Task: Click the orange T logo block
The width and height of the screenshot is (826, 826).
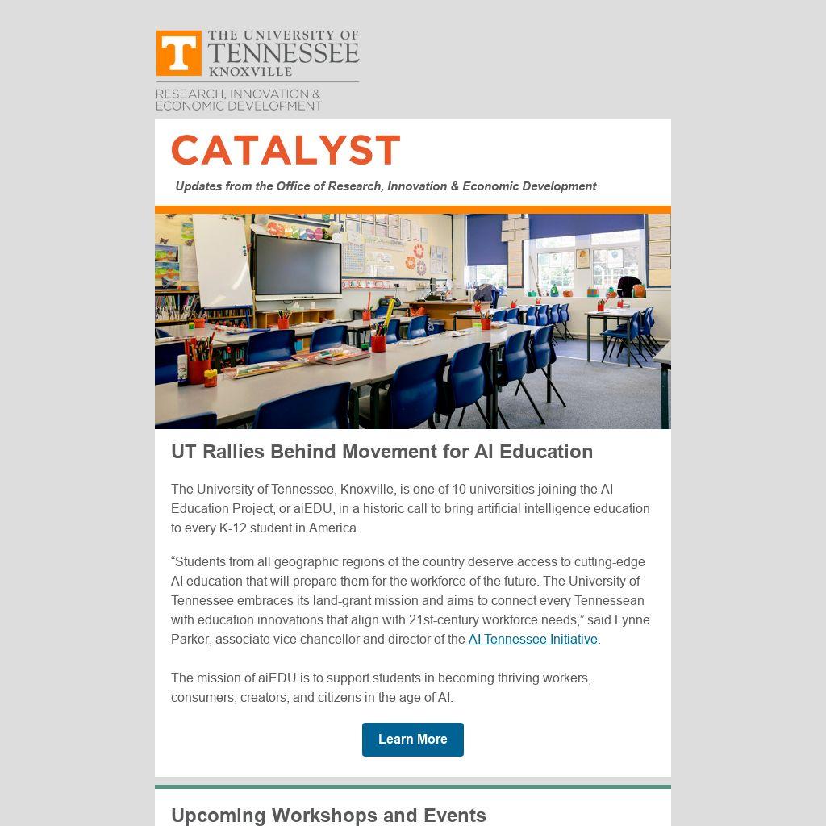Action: [179, 53]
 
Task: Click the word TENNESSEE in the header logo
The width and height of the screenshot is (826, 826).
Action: [283, 53]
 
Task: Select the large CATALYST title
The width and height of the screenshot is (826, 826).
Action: [286, 151]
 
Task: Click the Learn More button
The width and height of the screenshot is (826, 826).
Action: [412, 740]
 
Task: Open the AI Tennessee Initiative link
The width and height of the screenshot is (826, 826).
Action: [532, 640]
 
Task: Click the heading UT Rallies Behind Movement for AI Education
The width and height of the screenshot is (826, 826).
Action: [382, 452]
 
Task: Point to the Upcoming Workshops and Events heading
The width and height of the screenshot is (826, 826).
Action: [328, 815]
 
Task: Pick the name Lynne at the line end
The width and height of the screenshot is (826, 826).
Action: [632, 620]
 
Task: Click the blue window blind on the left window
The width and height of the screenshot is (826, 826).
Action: [486, 240]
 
